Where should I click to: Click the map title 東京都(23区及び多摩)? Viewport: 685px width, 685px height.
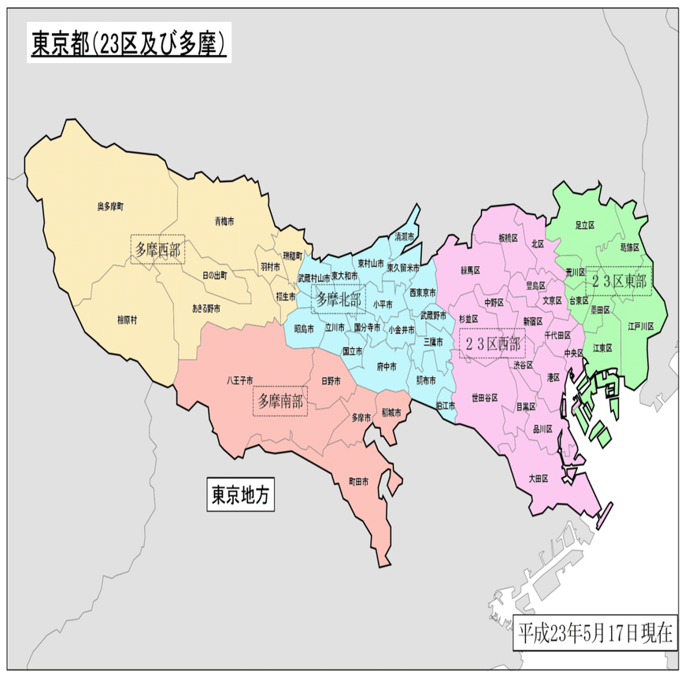[128, 44]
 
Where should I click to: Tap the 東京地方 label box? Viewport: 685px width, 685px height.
[240, 494]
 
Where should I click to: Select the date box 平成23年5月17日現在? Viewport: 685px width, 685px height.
[595, 632]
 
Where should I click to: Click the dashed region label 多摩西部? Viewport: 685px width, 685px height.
[157, 250]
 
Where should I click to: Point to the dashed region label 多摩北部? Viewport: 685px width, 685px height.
[339, 299]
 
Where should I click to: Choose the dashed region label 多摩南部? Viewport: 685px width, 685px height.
[281, 401]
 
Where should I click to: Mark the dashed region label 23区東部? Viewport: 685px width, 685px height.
[618, 281]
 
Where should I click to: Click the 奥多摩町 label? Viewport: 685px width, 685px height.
[110, 205]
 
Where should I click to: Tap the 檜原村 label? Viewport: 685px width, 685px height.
[127, 319]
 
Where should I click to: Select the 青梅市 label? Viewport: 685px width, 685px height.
[224, 221]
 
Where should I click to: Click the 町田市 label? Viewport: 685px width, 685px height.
[358, 481]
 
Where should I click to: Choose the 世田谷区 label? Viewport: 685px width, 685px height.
[484, 398]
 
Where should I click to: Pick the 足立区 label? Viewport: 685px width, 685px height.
[583, 225]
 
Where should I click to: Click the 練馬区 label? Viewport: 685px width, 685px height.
[470, 270]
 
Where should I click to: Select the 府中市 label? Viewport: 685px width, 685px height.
[387, 366]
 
